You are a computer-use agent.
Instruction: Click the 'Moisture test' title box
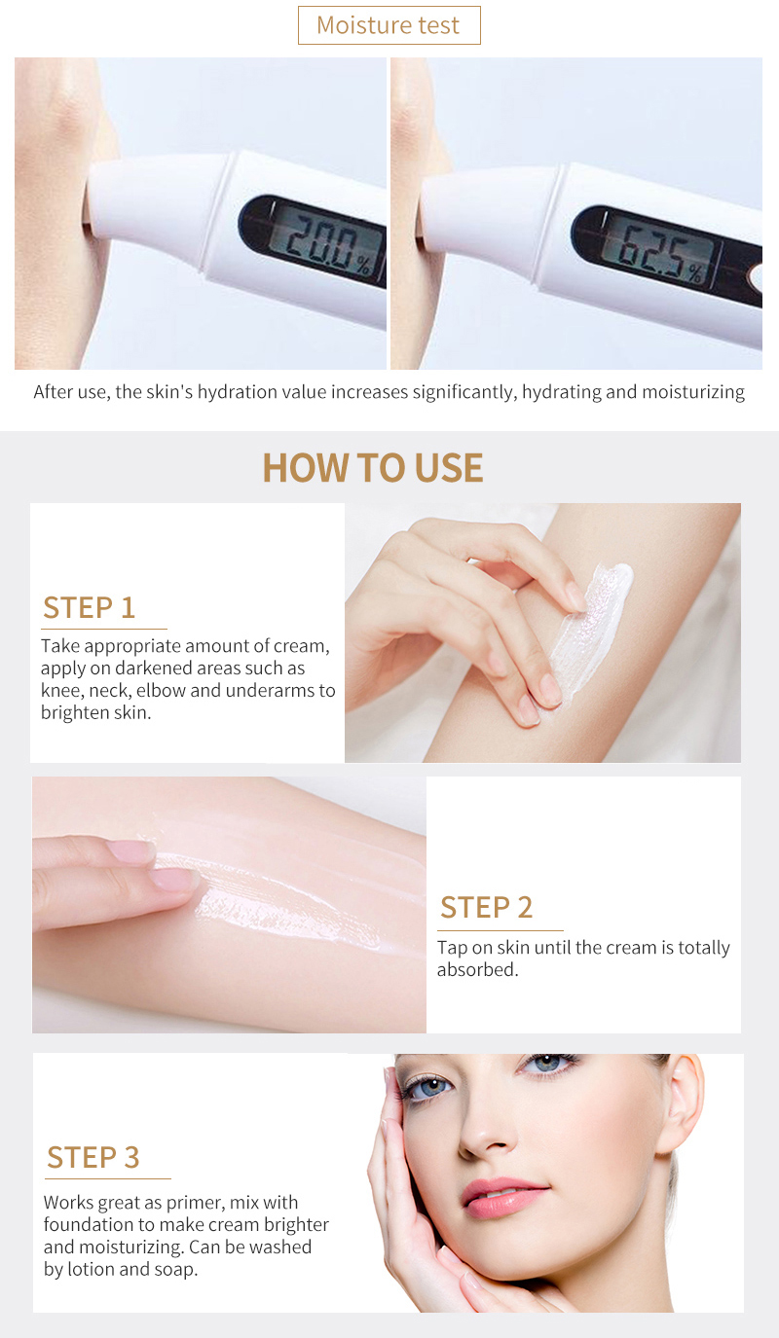click(389, 25)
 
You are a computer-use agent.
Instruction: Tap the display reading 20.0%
click(325, 238)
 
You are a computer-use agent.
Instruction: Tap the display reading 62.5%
click(657, 251)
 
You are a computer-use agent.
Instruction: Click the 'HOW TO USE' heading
click(373, 467)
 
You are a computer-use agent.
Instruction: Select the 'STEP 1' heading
click(89, 608)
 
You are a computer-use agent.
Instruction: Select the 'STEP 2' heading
click(486, 907)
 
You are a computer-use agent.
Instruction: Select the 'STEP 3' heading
click(93, 1158)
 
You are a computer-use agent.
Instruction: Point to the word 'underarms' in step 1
click(271, 691)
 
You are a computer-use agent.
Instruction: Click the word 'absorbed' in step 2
click(475, 969)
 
